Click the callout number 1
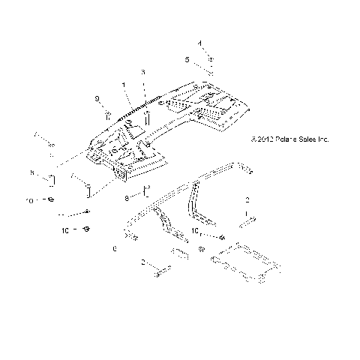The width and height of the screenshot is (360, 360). click(x=124, y=86)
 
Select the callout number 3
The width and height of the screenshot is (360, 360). click(x=142, y=71)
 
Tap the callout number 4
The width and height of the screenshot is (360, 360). click(x=199, y=43)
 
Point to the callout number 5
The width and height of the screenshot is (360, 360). click(x=188, y=58)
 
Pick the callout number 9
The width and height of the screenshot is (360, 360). click(x=97, y=99)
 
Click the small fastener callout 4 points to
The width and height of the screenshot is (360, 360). click(x=211, y=59)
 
